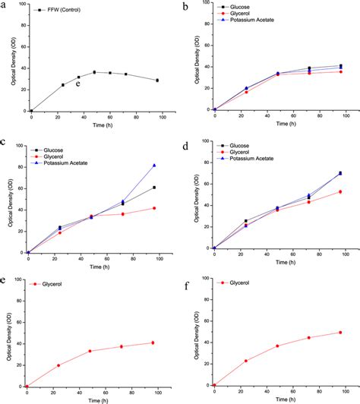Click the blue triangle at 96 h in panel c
(x=155, y=165)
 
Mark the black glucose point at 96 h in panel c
(x=155, y=188)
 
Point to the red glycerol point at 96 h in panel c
(x=155, y=208)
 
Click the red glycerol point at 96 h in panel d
(x=339, y=191)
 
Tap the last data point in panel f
(x=340, y=333)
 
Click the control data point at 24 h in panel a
(x=63, y=85)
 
